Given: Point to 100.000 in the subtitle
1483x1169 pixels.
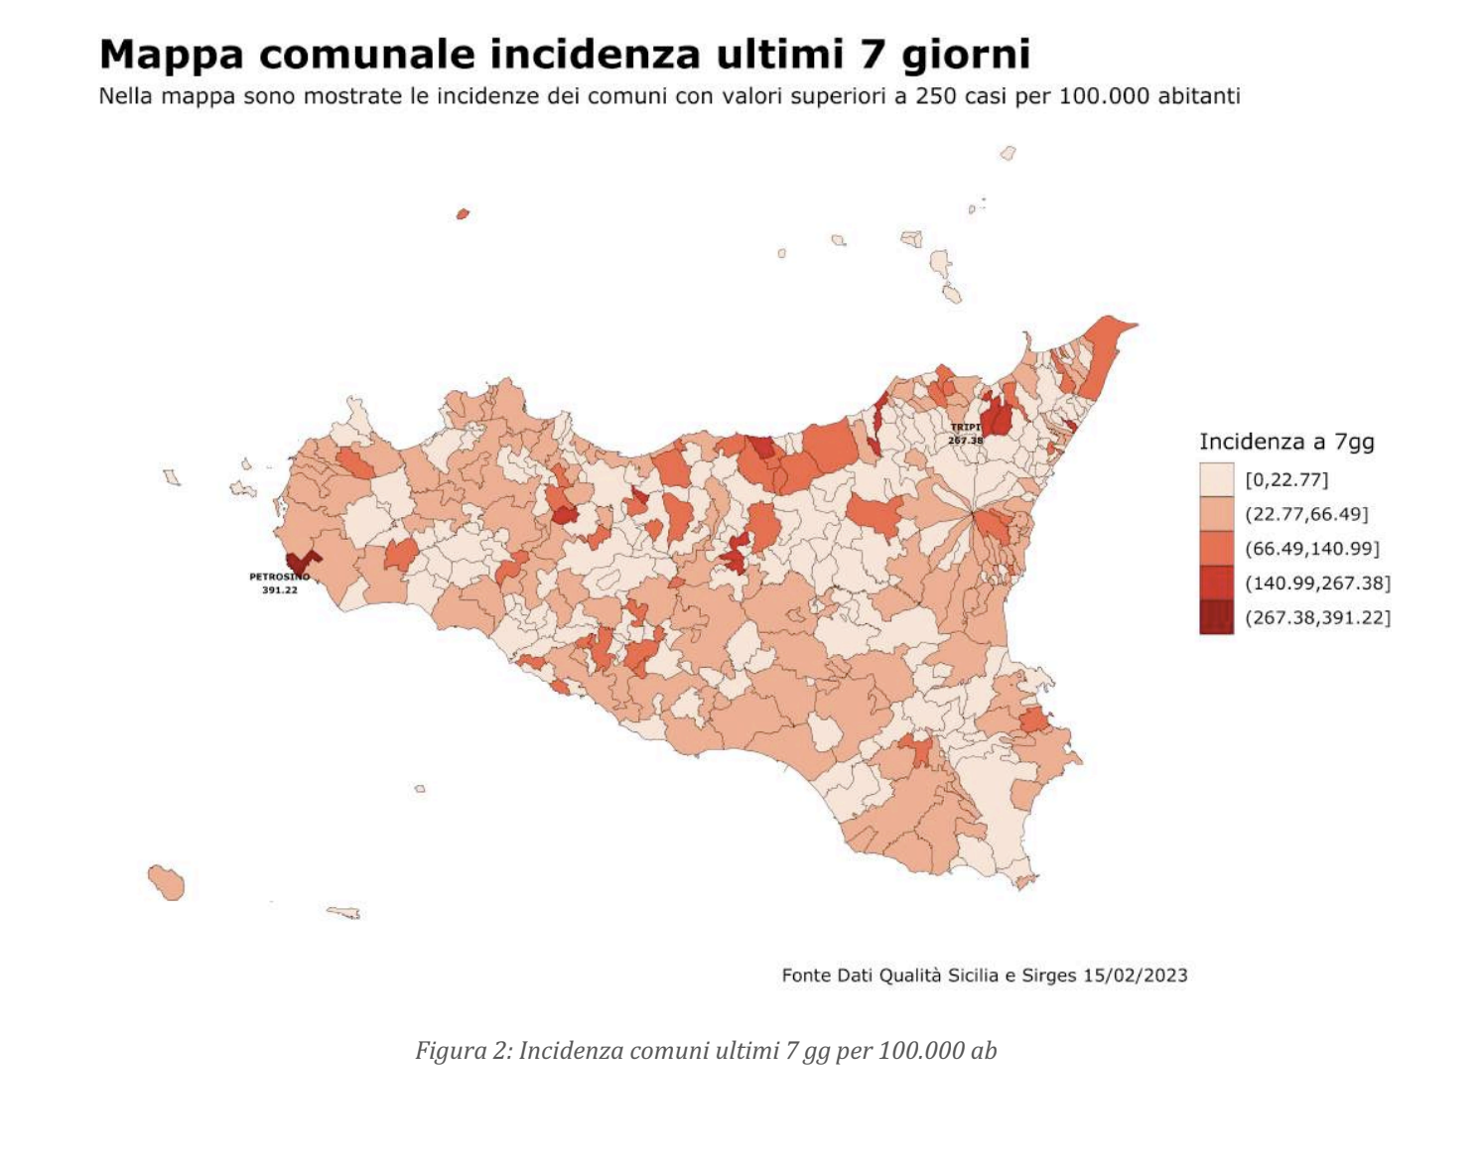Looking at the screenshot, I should click(1102, 96).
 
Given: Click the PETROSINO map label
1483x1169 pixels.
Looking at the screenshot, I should click(279, 577).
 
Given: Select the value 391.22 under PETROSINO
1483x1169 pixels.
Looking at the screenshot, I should click(279, 589).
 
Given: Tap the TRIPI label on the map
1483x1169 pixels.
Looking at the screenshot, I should click(965, 428).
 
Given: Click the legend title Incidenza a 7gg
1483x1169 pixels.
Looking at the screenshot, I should click(1286, 442).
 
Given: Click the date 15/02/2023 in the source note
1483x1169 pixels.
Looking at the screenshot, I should click(1135, 974).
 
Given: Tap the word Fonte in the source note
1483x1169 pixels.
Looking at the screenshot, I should click(807, 974).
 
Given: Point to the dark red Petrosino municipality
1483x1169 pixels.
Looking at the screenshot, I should click(298, 563).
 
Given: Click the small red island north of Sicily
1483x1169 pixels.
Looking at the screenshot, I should click(463, 213).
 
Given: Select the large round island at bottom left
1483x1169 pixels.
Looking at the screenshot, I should click(168, 881).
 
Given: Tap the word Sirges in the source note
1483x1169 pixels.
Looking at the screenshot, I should click(1049, 974).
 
